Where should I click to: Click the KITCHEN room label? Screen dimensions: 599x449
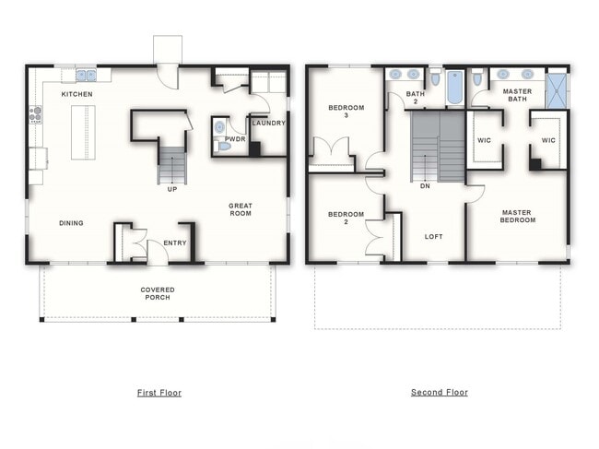click(76, 94)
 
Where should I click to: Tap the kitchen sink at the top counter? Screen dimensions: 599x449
click(86, 76)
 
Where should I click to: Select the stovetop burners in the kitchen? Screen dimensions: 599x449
click(36, 114)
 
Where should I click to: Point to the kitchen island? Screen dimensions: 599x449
click(83, 132)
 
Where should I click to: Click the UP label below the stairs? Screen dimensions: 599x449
click(172, 189)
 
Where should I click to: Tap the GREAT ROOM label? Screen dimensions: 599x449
click(241, 209)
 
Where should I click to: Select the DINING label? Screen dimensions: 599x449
click(71, 223)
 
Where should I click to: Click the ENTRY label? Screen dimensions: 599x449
click(175, 243)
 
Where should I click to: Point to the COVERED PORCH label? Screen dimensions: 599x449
click(158, 293)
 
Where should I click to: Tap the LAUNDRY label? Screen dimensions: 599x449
click(268, 123)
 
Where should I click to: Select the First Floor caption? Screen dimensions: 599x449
click(159, 393)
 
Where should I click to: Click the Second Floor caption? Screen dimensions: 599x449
click(440, 392)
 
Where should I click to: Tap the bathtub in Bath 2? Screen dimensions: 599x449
click(454, 88)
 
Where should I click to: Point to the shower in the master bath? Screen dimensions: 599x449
click(557, 90)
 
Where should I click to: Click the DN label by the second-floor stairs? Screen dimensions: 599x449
click(425, 186)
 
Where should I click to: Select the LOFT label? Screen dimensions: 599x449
click(434, 237)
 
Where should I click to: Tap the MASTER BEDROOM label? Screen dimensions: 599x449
click(517, 217)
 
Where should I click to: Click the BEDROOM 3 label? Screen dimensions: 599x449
click(346, 112)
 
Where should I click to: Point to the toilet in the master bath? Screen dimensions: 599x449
click(476, 77)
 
